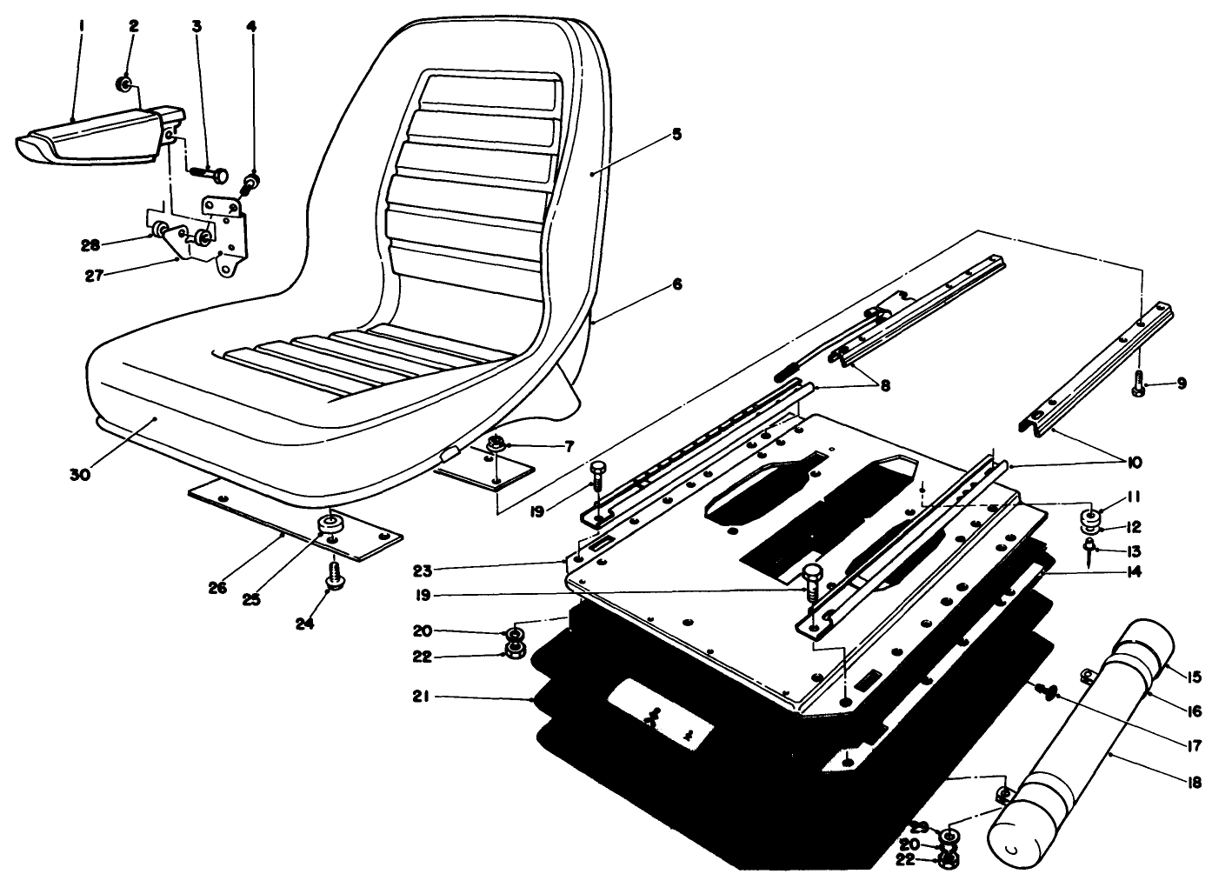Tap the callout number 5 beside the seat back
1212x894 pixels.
click(x=676, y=134)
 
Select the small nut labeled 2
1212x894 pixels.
click(x=125, y=84)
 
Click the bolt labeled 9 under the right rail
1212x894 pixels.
click(x=1141, y=383)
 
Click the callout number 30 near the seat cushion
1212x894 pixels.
click(x=81, y=474)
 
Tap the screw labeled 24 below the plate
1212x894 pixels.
click(x=332, y=575)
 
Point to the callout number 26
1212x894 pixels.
click(x=217, y=589)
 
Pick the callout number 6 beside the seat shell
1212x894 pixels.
click(x=676, y=284)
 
